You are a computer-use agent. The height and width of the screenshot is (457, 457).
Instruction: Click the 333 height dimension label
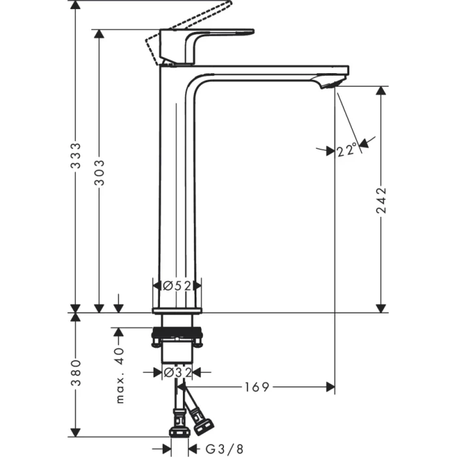[x=76, y=156]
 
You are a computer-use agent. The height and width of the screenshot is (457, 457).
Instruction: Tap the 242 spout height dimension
[x=381, y=202]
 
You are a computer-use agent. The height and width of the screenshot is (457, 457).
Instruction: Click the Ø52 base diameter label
[x=177, y=285]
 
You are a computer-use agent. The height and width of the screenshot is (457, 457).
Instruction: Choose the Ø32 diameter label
[x=177, y=372]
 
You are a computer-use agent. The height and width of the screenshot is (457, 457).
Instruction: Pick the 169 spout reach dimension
[x=257, y=387]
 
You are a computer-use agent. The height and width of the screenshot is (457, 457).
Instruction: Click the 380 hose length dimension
[x=76, y=373]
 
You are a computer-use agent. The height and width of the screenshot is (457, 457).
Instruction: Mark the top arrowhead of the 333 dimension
[x=76, y=5]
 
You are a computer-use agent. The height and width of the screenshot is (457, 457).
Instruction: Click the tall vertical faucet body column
[x=176, y=183]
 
